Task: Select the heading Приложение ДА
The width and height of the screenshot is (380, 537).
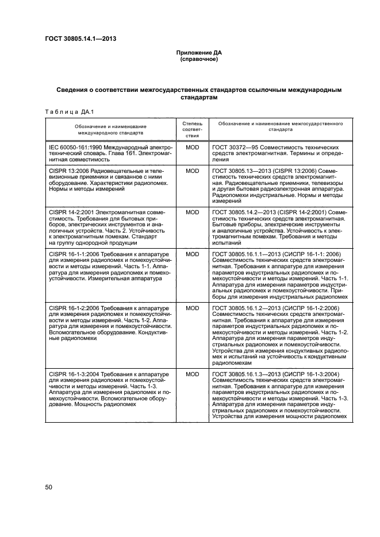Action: (x=198, y=53)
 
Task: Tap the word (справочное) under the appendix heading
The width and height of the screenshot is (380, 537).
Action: (x=198, y=59)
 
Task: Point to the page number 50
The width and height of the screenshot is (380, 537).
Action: (x=49, y=488)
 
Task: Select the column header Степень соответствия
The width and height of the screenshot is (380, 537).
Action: (x=192, y=129)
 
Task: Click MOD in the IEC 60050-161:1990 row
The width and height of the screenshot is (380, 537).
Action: (x=192, y=147)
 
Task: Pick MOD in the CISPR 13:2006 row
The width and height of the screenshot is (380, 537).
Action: (x=192, y=171)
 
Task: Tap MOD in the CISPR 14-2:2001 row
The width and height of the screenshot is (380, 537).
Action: (x=192, y=213)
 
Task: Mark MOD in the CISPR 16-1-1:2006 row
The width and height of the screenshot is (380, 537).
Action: (x=192, y=254)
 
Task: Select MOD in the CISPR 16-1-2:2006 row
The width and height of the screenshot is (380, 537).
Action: (x=192, y=308)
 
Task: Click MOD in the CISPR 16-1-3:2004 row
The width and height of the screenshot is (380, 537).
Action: (x=192, y=374)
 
